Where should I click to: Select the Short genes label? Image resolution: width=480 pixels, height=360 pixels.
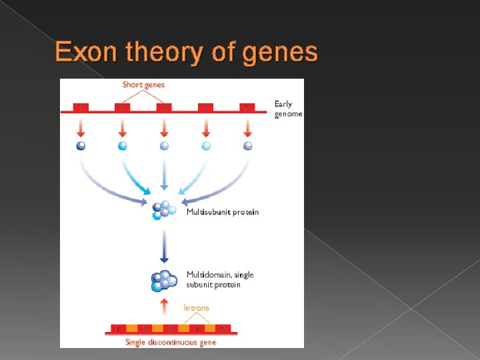[x=143, y=85]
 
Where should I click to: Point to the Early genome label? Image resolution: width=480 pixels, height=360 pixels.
[x=288, y=109]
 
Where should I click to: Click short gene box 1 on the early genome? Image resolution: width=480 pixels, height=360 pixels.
[x=81, y=107]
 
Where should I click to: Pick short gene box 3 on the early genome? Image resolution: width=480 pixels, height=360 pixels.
[x=164, y=107]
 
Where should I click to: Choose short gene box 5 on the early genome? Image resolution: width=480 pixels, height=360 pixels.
[x=247, y=107]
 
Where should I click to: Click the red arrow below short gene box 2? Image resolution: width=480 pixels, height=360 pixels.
[x=123, y=127]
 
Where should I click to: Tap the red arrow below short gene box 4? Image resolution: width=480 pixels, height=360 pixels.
[x=206, y=127]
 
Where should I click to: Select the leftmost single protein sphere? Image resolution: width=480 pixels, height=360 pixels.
[x=81, y=145]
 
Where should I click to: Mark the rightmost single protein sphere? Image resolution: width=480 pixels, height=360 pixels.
[x=247, y=145]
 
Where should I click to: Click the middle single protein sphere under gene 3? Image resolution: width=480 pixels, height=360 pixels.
[x=164, y=145]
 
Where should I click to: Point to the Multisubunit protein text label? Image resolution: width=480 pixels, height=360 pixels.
[x=223, y=212]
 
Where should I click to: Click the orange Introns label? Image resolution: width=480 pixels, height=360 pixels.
[x=196, y=308]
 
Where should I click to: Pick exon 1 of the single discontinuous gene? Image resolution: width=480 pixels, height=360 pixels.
[x=119, y=329]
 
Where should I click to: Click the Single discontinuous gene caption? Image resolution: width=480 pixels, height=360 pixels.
[x=171, y=342]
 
